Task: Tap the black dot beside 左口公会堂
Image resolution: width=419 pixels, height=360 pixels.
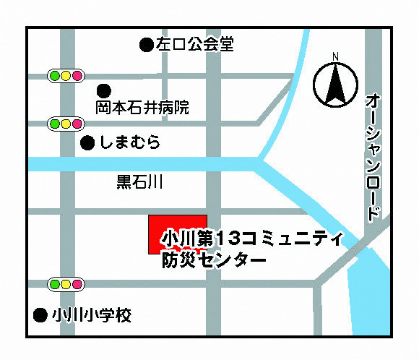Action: (147, 45)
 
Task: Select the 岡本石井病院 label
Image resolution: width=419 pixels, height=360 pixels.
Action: (142, 108)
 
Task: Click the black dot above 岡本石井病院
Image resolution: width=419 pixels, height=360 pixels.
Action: (104, 91)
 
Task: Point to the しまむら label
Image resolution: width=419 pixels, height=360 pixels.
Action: (130, 143)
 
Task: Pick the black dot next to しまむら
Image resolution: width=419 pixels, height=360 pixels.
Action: (87, 143)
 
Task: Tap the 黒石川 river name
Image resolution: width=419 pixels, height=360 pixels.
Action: (139, 182)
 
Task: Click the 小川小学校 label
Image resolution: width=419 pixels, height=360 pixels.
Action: (92, 315)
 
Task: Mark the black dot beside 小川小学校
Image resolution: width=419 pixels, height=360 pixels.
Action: (41, 315)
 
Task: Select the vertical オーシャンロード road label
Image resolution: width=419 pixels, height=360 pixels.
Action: (372, 156)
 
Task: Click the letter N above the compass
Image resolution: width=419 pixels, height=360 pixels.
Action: (335, 57)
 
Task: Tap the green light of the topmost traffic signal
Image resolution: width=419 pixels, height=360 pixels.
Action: (54, 74)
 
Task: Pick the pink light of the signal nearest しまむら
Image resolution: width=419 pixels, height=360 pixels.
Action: (77, 124)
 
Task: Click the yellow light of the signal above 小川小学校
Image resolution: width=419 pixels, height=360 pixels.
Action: (66, 283)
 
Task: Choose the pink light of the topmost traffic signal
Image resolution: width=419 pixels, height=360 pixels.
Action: (77, 74)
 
